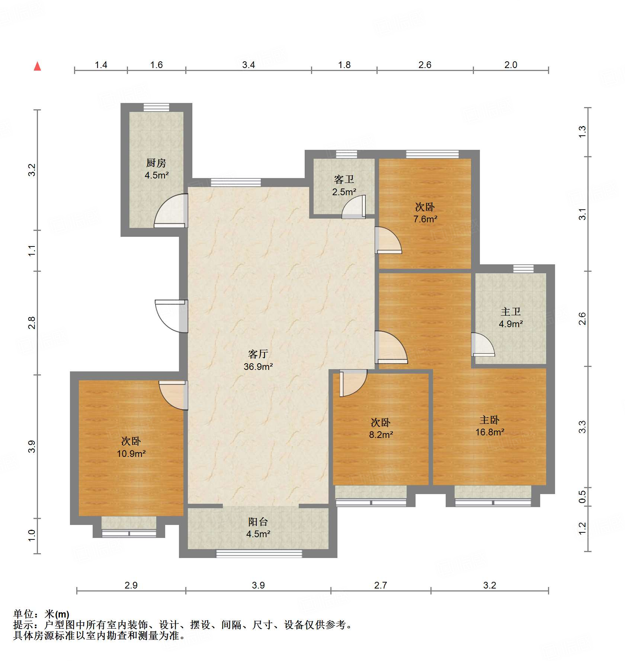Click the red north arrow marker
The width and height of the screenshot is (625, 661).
point(37,67)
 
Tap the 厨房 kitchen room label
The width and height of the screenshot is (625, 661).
point(156,163)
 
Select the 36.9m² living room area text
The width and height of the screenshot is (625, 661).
point(258,367)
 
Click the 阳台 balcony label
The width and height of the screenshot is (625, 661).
point(258,522)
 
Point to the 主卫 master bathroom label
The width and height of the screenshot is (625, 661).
point(510,312)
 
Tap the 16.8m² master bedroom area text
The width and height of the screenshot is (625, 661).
point(490,432)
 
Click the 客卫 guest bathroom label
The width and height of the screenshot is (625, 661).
point(344,180)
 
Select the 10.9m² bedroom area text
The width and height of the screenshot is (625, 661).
point(131,454)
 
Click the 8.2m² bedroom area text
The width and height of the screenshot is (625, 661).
point(381,435)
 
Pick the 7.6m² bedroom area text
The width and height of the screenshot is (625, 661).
point(425,219)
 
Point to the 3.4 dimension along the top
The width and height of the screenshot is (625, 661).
point(248,65)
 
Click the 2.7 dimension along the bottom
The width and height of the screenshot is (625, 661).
point(380,585)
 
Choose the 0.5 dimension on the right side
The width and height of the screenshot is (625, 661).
point(582,497)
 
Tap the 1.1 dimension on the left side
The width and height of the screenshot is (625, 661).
point(32,250)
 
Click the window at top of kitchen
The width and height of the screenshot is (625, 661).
point(156,107)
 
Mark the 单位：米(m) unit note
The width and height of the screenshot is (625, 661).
point(41,614)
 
